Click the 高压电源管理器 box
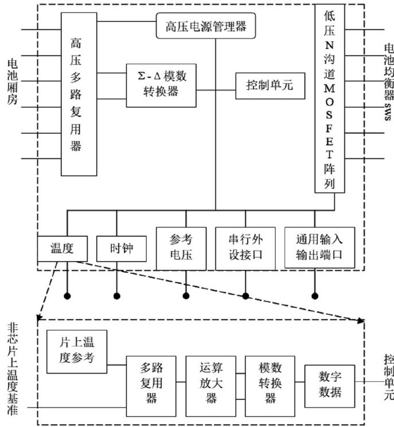[205, 25]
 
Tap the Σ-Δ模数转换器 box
[162, 86]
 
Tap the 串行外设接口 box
[245, 248]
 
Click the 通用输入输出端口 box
[319, 248]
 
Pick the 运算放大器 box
[211, 381]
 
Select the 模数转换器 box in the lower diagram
[270, 381]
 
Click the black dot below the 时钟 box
[117, 296]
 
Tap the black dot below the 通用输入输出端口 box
[314, 296]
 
